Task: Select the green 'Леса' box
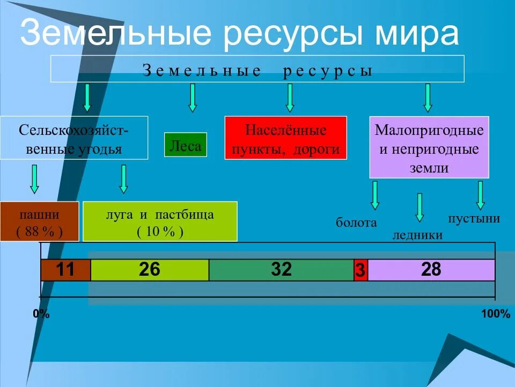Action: (185, 145)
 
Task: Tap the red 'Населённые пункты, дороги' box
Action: (285, 138)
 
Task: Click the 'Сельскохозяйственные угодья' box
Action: (73, 138)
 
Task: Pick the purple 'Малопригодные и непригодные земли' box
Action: (429, 147)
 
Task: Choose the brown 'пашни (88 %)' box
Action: (39, 221)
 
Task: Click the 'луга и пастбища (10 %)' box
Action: (160, 221)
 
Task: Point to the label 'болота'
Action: (356, 223)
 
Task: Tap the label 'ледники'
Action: (417, 235)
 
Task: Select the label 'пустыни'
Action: (474, 219)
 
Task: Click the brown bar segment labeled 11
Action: (65, 270)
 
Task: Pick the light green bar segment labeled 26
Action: (150, 270)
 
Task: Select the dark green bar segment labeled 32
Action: (281, 270)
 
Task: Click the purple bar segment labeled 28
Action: (431, 270)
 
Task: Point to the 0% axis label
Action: (41, 314)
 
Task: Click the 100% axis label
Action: (495, 314)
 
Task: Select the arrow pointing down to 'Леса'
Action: (193, 98)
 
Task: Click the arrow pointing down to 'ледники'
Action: (420, 207)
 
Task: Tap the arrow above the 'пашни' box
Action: (34, 178)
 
